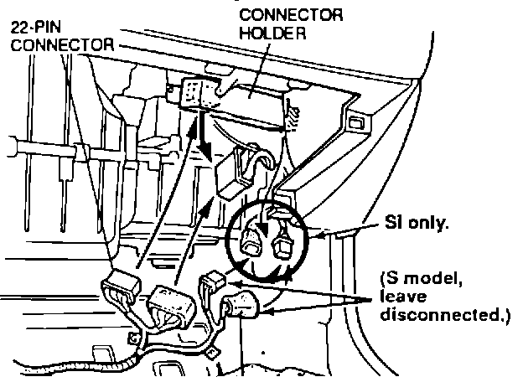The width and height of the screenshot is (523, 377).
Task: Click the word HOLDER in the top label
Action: click(x=269, y=34)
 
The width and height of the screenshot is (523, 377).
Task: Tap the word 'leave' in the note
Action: click(x=401, y=296)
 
